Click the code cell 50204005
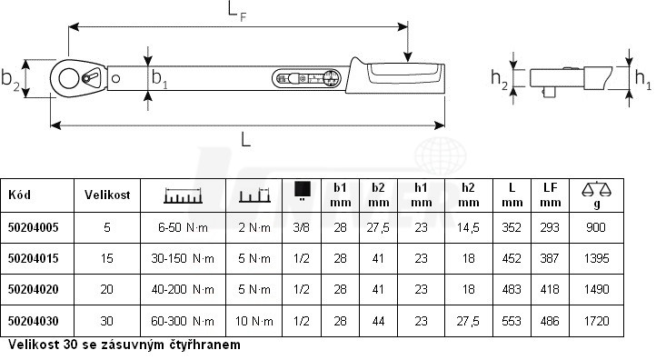click(x=33, y=227)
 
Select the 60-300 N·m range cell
click(x=183, y=321)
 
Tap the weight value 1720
click(x=596, y=321)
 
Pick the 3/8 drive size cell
click(x=302, y=227)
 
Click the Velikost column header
click(x=107, y=195)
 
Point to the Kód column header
click(x=19, y=195)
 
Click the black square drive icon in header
click(x=302, y=189)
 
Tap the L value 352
click(x=512, y=227)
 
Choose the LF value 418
click(x=550, y=289)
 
